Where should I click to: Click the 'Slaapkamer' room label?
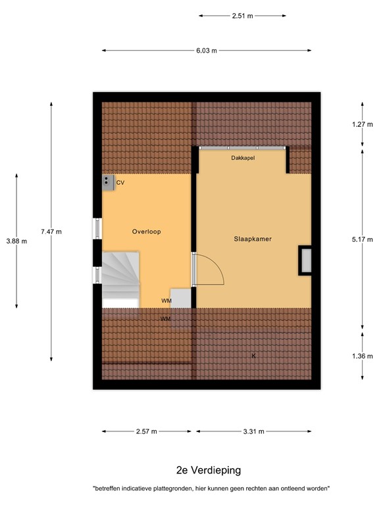(253, 239)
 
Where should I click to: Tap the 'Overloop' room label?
(146, 231)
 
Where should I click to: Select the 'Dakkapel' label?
(243, 158)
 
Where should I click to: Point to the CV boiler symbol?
(107, 182)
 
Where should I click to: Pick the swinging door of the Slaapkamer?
(209, 270)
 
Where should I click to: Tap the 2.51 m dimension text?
(242, 16)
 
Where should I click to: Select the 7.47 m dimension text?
(51, 231)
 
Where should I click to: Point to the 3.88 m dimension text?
(16, 241)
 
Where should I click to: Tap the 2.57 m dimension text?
(146, 431)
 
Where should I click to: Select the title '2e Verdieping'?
(209, 469)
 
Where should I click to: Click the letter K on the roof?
(253, 356)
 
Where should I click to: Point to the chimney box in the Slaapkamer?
(305, 260)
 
